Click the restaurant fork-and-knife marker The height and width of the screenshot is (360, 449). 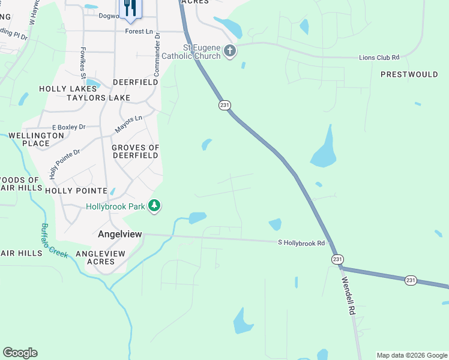(x=129, y=8)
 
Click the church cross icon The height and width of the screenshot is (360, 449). (x=230, y=52)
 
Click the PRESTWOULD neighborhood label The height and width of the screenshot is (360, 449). (x=409, y=74)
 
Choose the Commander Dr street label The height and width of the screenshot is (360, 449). (x=157, y=54)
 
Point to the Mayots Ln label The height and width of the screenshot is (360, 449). (x=128, y=124)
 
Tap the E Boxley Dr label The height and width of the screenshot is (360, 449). (x=69, y=127)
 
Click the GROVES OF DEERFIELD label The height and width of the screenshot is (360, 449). (x=135, y=151)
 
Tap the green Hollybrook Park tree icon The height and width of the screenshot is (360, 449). (x=155, y=206)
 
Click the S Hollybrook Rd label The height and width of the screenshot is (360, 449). (x=301, y=243)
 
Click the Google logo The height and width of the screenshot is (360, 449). (x=20, y=353)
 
